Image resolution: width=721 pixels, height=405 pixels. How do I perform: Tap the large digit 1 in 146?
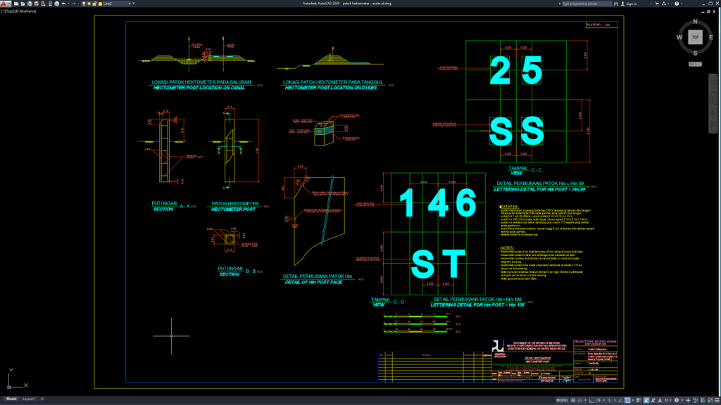coord(406,204)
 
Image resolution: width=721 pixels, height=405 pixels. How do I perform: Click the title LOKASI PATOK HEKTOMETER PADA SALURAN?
coord(202,82)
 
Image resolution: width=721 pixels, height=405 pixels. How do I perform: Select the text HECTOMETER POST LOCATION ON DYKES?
coord(331,89)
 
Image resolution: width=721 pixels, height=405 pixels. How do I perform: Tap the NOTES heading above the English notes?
coord(507,247)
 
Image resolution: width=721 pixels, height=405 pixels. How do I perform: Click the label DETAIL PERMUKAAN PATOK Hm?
coord(318,276)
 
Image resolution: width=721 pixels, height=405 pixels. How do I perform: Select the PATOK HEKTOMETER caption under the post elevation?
coord(236,204)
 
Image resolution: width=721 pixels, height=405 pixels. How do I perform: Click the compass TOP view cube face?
coord(694,37)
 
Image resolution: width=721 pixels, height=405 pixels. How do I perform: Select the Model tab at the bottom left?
coord(11,399)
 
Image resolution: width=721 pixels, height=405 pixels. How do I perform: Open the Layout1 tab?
coord(29,399)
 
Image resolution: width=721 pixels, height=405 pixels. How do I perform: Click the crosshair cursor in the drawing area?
coord(172,335)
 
